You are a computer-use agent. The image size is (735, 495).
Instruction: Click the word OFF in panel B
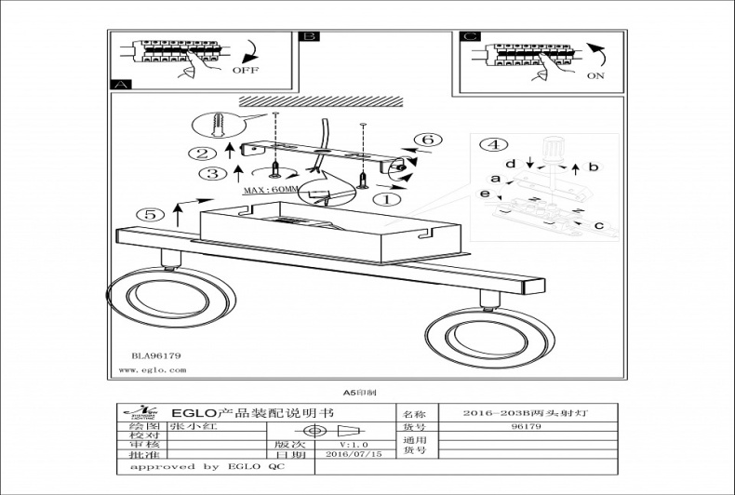pyautogui.click(x=245, y=70)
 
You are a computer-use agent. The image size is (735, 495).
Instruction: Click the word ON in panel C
pyautogui.click(x=596, y=78)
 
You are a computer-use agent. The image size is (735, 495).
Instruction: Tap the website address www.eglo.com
pyautogui.click(x=154, y=369)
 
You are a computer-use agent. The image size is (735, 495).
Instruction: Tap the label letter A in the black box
pyautogui.click(x=118, y=84)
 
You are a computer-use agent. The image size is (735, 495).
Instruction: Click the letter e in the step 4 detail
pyautogui.click(x=485, y=193)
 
